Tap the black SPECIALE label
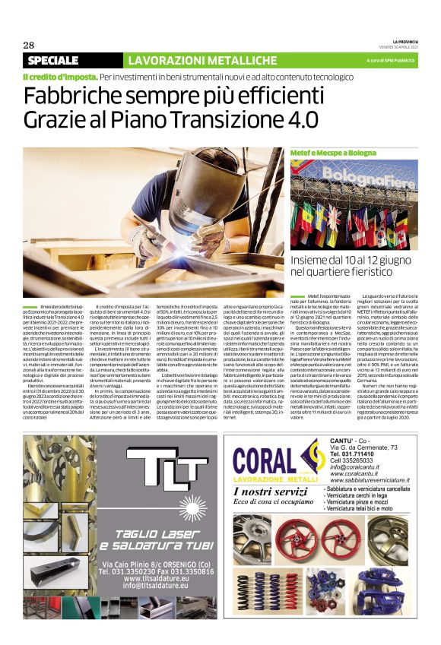[53, 60]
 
